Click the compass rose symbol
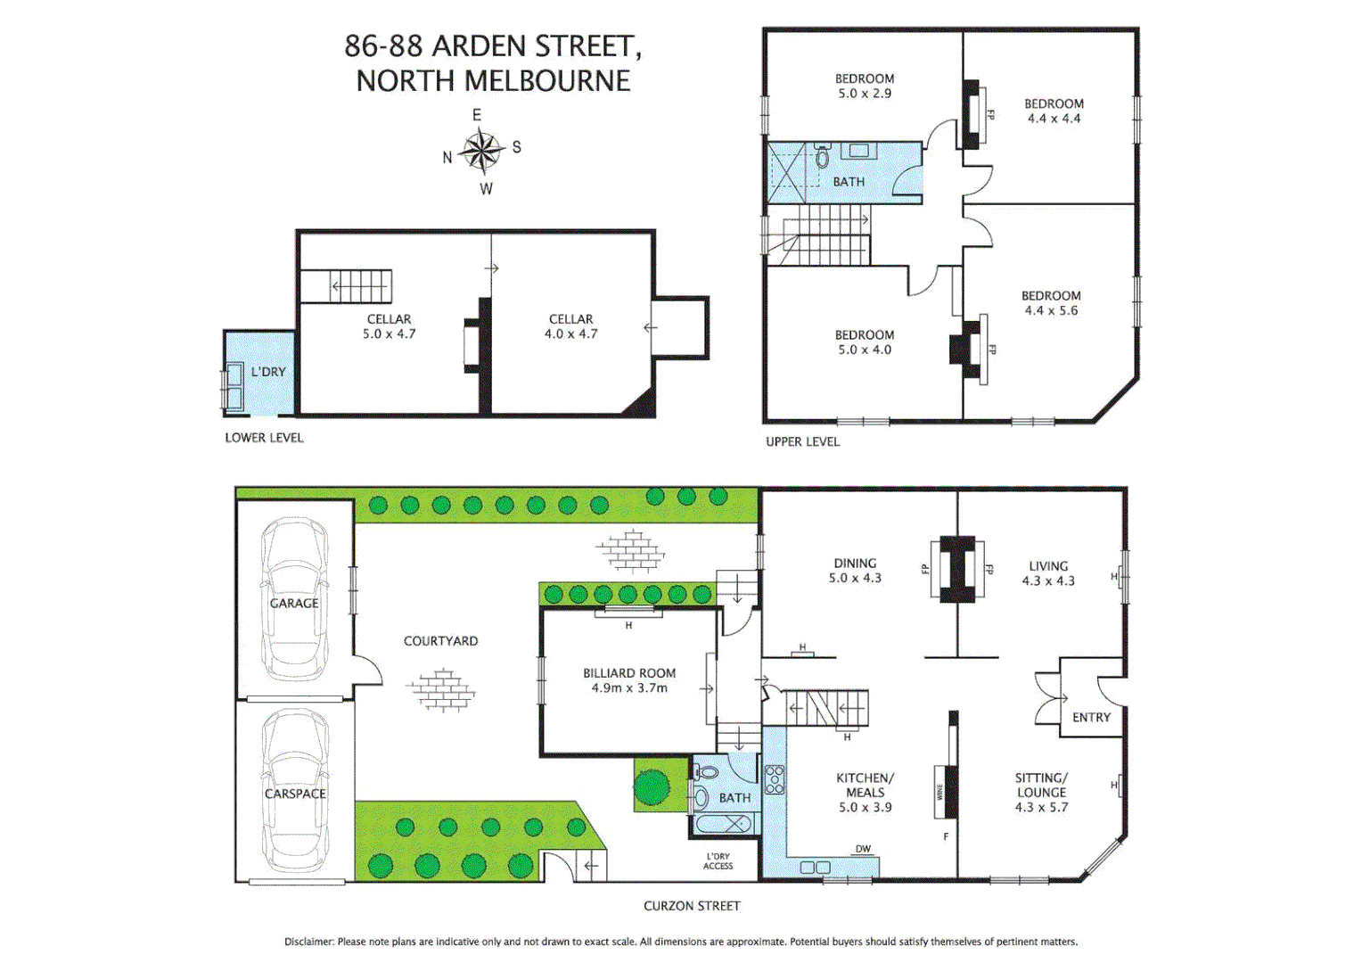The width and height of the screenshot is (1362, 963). pyautogui.click(x=482, y=151)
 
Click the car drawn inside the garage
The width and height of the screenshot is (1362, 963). pyautogui.click(x=295, y=599)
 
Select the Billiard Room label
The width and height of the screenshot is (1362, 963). pyautogui.click(x=629, y=673)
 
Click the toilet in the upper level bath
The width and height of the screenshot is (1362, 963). pyautogui.click(x=823, y=157)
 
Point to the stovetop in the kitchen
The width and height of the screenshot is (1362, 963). pyautogui.click(x=775, y=779)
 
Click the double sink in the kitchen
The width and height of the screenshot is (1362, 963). pyautogui.click(x=815, y=867)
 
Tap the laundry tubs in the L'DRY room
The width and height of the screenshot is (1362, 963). pyautogui.click(x=234, y=385)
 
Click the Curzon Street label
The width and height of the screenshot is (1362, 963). pyautogui.click(x=692, y=906)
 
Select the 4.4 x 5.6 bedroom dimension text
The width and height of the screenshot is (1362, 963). pyautogui.click(x=1051, y=310)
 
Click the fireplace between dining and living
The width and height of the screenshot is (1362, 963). pyautogui.click(x=956, y=568)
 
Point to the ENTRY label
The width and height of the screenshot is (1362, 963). pyautogui.click(x=1091, y=717)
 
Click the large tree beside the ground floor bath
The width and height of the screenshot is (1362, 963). pyautogui.click(x=652, y=786)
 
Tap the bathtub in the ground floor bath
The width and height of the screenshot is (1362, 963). pyautogui.click(x=725, y=824)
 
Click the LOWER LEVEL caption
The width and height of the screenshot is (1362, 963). pyautogui.click(x=264, y=438)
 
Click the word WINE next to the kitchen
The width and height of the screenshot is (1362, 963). pyautogui.click(x=939, y=792)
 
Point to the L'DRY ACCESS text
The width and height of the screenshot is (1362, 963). pyautogui.click(x=718, y=861)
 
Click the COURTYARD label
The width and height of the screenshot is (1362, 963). pyautogui.click(x=440, y=641)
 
